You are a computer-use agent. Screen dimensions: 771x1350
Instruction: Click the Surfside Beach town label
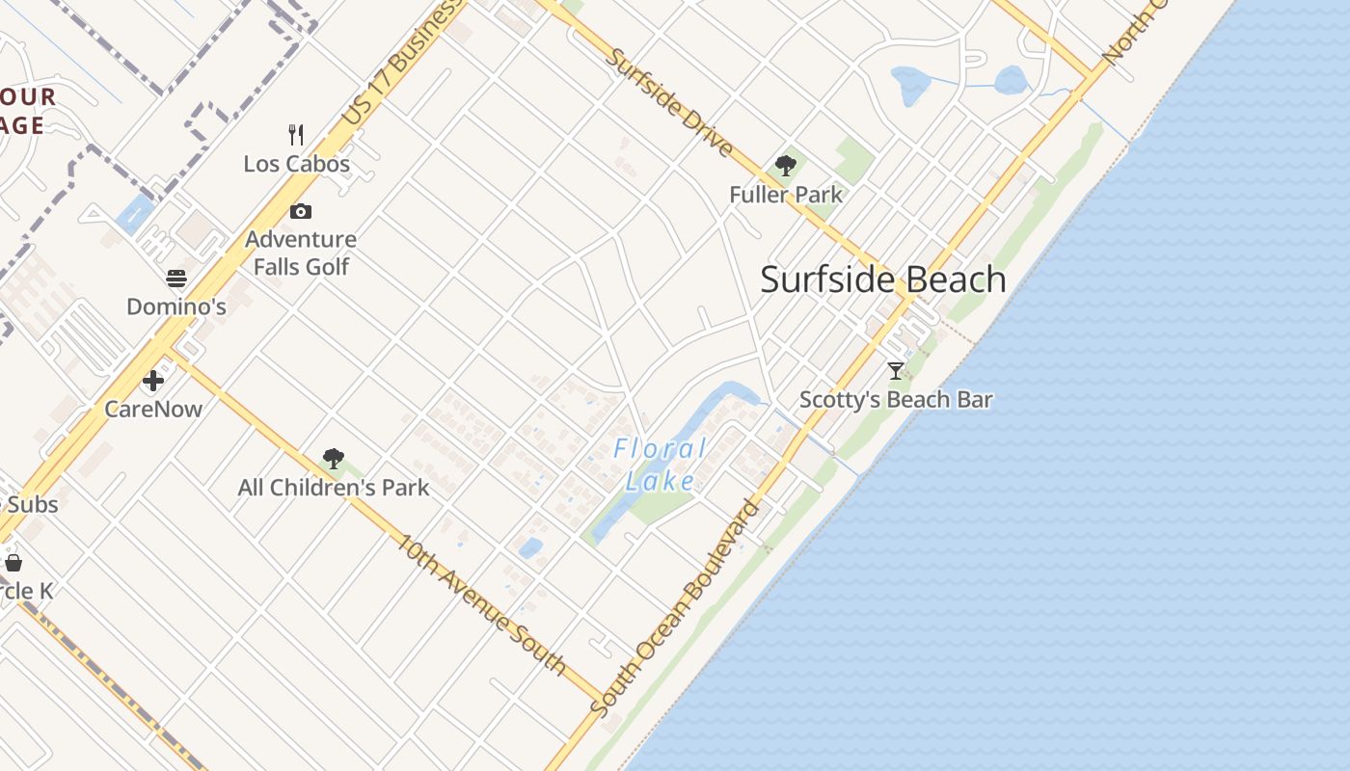pyautogui.click(x=883, y=279)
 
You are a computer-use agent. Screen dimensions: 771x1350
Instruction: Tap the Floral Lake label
pyautogui.click(x=661, y=465)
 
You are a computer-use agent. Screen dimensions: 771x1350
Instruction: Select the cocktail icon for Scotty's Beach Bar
pyautogui.click(x=896, y=370)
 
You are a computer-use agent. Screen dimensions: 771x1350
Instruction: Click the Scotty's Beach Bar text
pyautogui.click(x=896, y=399)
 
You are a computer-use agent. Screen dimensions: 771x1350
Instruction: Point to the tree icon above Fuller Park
pyautogui.click(x=786, y=166)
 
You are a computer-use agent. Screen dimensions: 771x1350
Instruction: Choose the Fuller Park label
pyautogui.click(x=786, y=195)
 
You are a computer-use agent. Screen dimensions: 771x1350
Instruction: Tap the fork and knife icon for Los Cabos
pyautogui.click(x=296, y=135)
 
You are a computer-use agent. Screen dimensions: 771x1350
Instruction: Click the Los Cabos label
pyautogui.click(x=296, y=164)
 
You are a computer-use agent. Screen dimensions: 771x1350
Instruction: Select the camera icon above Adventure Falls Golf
pyautogui.click(x=301, y=211)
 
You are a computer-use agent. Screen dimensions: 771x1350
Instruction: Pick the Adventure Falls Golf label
pyautogui.click(x=301, y=253)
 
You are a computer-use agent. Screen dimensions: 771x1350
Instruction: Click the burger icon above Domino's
pyautogui.click(x=176, y=279)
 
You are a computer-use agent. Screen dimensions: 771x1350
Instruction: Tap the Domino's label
pyautogui.click(x=176, y=307)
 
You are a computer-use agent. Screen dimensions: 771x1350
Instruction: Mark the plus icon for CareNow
pyautogui.click(x=153, y=381)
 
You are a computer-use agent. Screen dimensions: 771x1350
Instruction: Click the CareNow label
pyautogui.click(x=153, y=409)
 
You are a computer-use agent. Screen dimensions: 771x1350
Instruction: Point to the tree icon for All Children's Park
pyautogui.click(x=334, y=459)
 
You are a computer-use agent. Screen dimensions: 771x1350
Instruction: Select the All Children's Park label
pyautogui.click(x=334, y=488)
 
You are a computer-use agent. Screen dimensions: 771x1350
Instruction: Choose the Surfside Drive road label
pyautogui.click(x=669, y=102)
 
